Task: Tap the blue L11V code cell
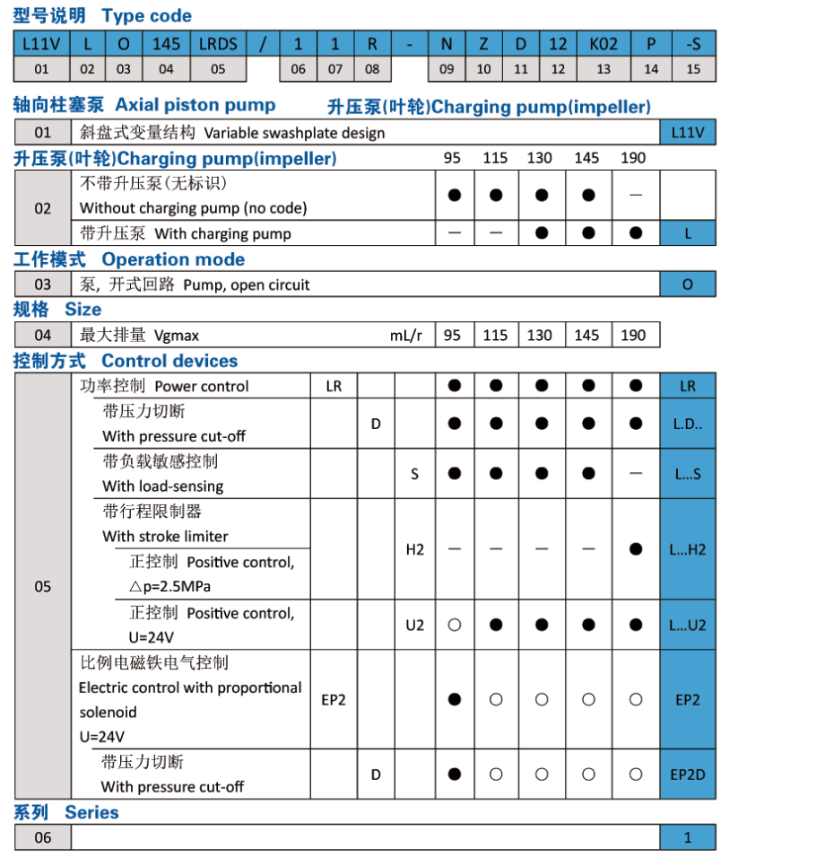[688, 133]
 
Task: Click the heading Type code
[146, 16]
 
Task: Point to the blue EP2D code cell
[688, 774]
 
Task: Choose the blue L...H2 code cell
[688, 549]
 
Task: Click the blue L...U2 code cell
[688, 625]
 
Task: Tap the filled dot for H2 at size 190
[636, 549]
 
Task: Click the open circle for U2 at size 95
[455, 625]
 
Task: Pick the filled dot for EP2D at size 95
[455, 774]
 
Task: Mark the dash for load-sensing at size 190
[636, 473]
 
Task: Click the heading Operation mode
[173, 259]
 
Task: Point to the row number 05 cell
[43, 587]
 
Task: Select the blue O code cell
[688, 285]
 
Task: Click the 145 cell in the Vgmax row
[587, 336]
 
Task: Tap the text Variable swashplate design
[294, 133]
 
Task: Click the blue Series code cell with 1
[688, 837]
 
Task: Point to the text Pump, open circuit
[247, 285]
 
